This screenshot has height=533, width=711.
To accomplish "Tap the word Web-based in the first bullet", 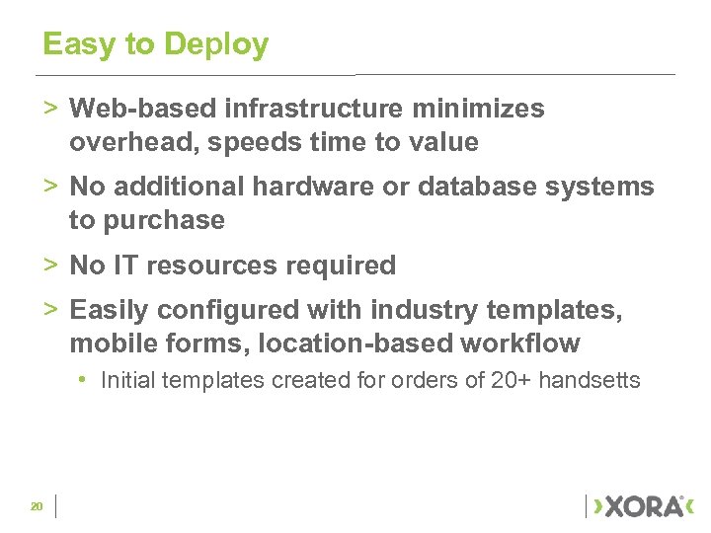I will pos(131,109).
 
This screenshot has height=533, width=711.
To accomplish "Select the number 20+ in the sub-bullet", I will pos(511,380).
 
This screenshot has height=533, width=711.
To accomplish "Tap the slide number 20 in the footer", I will pos(37,506).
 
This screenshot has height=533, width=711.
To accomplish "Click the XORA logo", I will pos(643,506).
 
